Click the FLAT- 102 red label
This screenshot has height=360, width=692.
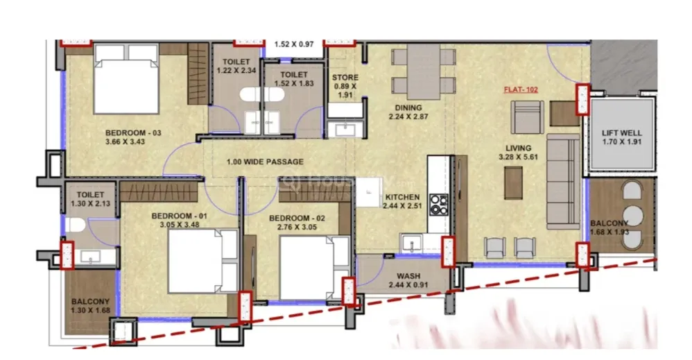pos(521,89)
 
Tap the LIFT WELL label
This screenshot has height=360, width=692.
pos(622,132)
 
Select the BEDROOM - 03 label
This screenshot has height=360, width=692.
pos(133,132)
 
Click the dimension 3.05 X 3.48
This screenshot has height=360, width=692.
pos(180,224)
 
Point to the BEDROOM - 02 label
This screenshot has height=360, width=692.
pos(297,218)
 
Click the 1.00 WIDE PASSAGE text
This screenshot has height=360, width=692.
pos(265,162)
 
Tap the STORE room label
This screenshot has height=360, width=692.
pos(345,77)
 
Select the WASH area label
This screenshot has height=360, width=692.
pos(408,277)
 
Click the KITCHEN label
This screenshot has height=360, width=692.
pos(402,197)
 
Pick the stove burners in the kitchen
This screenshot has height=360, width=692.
pos(438,205)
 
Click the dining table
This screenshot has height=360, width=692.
pos(423,71)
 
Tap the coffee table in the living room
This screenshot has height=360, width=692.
pos(513,183)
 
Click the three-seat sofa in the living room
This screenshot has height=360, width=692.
pos(563,182)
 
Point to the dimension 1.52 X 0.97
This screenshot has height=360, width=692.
pos(294,44)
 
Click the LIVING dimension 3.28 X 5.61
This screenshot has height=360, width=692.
pos(518,157)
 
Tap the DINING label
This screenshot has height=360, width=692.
pos(408,108)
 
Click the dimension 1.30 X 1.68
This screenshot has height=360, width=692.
pos(90,310)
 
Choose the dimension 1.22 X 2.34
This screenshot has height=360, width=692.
pos(236,70)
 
